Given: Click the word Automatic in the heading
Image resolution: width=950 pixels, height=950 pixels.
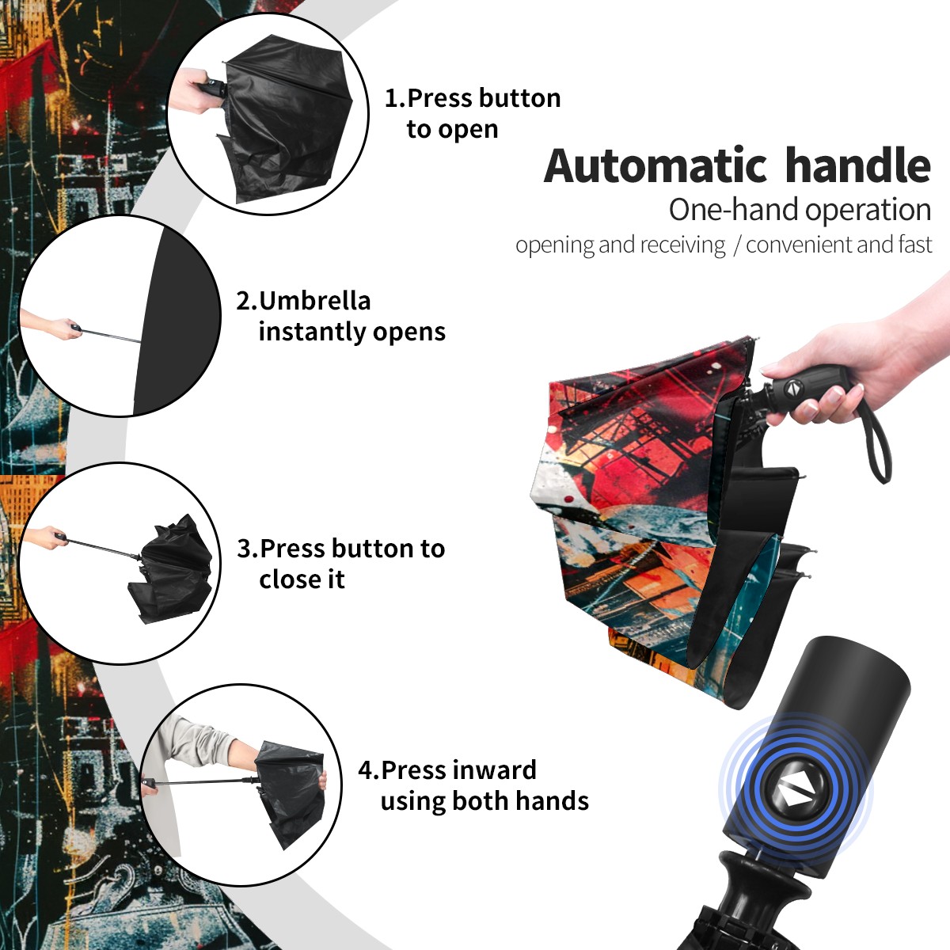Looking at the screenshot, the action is [x=655, y=165].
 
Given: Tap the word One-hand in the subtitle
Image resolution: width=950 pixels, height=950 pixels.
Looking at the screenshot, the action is [x=734, y=210].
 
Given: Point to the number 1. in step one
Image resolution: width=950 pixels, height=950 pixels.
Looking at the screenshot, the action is [x=395, y=98].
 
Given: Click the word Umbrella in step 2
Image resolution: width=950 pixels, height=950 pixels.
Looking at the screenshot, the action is [x=314, y=301].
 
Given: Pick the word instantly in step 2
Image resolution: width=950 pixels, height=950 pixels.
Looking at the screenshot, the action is [x=313, y=332].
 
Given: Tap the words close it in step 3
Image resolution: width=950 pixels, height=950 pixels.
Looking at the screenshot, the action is [x=302, y=579].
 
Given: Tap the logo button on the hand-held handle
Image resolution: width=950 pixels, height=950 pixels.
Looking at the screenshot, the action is [x=793, y=389].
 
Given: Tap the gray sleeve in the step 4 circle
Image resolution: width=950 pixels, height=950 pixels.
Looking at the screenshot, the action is [x=197, y=740].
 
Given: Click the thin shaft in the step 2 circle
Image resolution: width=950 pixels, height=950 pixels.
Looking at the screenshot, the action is [x=112, y=335].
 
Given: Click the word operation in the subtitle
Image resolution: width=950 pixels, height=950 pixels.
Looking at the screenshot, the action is [x=868, y=211].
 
